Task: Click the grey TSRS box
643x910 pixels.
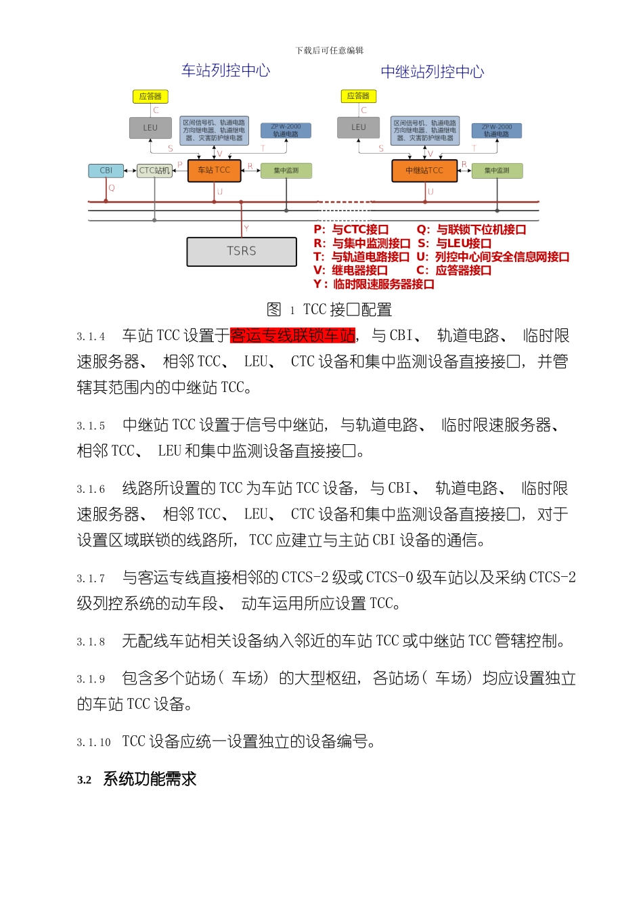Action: [x=242, y=251]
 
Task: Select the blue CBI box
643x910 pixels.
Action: [x=106, y=171]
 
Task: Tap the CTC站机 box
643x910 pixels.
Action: [x=154, y=171]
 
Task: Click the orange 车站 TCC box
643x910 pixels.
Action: [x=214, y=170]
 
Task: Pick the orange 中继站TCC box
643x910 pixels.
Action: [x=424, y=171]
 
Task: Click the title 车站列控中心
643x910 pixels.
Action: [x=226, y=70]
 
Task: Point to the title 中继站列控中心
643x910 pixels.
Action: [x=433, y=72]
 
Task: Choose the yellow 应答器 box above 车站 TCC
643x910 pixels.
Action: [x=150, y=97]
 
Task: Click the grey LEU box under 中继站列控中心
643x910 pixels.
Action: [x=358, y=127]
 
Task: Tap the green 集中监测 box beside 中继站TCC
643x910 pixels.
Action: [x=497, y=171]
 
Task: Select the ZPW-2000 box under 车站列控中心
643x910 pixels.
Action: [x=286, y=130]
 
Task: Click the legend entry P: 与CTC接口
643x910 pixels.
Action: [x=351, y=230]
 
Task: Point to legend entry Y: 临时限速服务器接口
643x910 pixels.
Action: [x=374, y=284]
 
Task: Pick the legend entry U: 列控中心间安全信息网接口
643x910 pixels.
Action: [x=493, y=257]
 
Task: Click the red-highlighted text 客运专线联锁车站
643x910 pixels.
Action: [x=292, y=335]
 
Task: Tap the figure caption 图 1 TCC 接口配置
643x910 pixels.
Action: [x=330, y=309]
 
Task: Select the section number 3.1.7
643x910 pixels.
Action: [x=91, y=579]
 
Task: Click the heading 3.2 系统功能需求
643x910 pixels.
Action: [x=137, y=779]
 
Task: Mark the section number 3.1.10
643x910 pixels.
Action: [x=93, y=743]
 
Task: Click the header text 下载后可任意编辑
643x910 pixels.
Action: [x=330, y=51]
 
